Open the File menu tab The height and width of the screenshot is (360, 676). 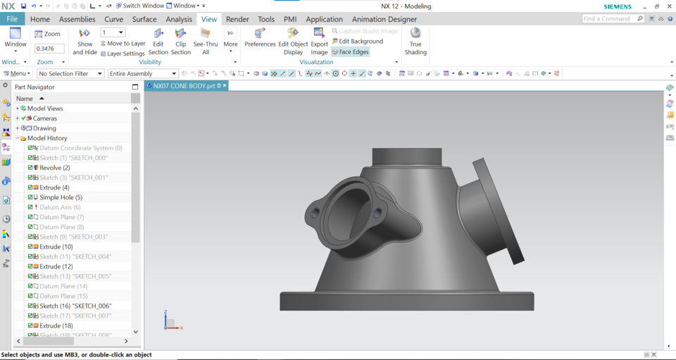click(12, 19)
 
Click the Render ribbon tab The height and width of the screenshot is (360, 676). click(237, 19)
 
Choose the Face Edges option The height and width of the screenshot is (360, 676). click(350, 52)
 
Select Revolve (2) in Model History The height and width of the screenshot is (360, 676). click(54, 168)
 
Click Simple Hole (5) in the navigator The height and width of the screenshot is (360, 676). click(61, 197)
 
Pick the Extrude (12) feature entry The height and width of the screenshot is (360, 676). click(56, 266)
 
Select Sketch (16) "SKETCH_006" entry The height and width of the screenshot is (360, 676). click(75, 306)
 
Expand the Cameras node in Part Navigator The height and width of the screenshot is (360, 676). click(18, 118)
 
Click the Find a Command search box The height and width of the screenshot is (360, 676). click(609, 19)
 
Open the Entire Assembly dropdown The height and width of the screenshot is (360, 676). click(142, 73)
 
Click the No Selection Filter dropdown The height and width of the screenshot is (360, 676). click(70, 73)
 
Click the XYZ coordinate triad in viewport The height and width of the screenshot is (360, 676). click(170, 322)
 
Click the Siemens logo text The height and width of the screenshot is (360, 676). click(618, 6)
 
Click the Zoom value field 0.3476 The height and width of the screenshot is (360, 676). click(49, 49)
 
